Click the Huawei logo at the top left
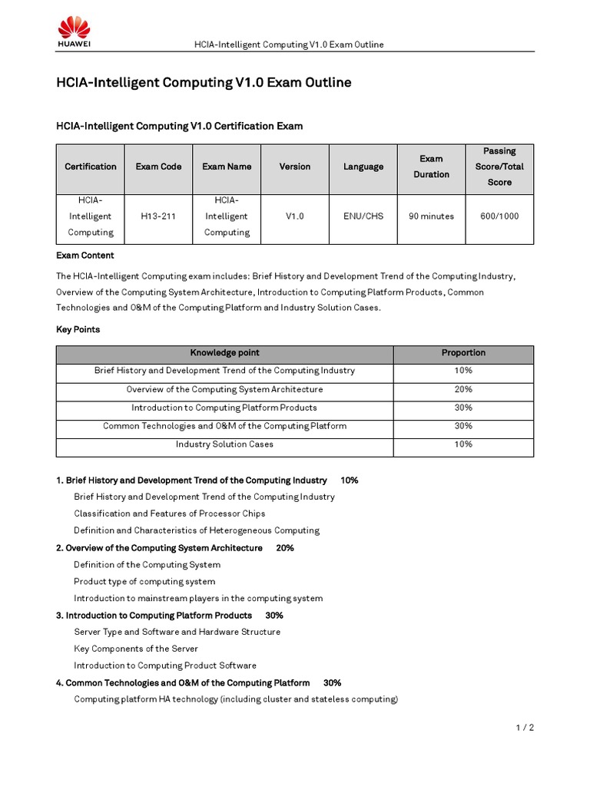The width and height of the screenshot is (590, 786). [74, 33]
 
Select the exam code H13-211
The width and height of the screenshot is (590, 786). [158, 216]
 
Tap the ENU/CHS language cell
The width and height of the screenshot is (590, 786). [363, 216]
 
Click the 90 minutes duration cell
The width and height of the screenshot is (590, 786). [431, 216]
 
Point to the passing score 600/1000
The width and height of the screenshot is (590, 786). [499, 216]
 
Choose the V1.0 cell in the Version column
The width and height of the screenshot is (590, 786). [295, 216]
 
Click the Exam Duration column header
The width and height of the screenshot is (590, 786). [431, 167]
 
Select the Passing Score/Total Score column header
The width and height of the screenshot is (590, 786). [499, 167]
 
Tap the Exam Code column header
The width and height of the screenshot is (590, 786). [158, 167]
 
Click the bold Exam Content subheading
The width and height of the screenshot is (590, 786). [85, 256]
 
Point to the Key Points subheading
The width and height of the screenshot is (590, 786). [78, 329]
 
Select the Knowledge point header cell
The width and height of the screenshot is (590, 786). [224, 353]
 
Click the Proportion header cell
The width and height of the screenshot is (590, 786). [463, 353]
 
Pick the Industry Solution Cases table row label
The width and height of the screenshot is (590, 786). [224, 444]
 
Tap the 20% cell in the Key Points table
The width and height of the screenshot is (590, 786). [463, 389]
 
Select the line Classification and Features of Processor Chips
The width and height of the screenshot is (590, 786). [169, 514]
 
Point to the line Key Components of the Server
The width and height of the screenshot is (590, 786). [136, 649]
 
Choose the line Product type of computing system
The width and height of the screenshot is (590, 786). [144, 581]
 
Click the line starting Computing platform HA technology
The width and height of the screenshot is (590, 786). [236, 699]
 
